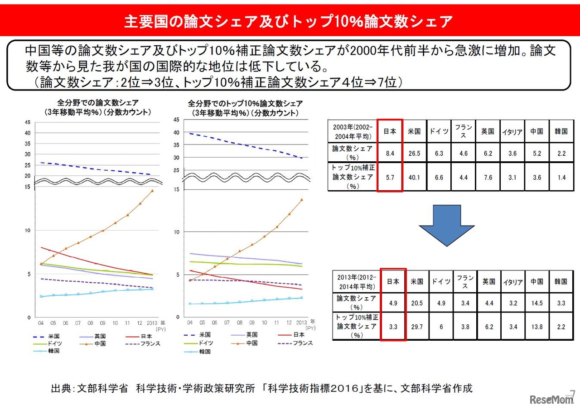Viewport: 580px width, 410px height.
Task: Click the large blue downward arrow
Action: (x=446, y=224)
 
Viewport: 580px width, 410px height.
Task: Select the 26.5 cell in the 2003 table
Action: (x=415, y=153)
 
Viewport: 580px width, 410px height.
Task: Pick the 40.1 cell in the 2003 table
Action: (x=415, y=178)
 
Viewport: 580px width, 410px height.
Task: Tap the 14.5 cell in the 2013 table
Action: (x=536, y=303)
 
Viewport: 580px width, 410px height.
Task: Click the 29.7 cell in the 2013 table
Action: (x=416, y=327)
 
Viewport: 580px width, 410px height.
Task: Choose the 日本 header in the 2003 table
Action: (x=389, y=131)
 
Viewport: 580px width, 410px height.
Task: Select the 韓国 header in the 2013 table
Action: (x=561, y=281)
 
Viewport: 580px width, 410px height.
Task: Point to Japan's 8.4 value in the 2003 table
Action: (x=389, y=153)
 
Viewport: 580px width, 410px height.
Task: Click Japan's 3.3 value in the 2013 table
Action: (x=392, y=327)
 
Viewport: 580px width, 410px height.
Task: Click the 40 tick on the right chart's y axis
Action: (x=176, y=132)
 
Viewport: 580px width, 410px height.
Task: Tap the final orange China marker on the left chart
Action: (x=152, y=191)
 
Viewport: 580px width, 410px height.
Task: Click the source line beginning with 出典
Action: (x=261, y=388)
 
